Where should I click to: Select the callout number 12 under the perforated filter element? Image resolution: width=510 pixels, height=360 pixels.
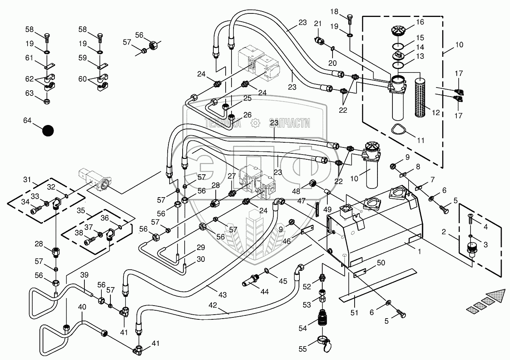coord(435,113)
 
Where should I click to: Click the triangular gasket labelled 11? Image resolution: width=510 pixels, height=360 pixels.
coord(398,129)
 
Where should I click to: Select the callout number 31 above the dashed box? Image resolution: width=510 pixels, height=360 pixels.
coord(27,180)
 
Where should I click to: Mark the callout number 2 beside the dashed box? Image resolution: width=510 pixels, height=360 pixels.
coord(444,232)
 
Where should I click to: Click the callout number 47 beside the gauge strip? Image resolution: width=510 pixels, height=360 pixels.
coord(301,201)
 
